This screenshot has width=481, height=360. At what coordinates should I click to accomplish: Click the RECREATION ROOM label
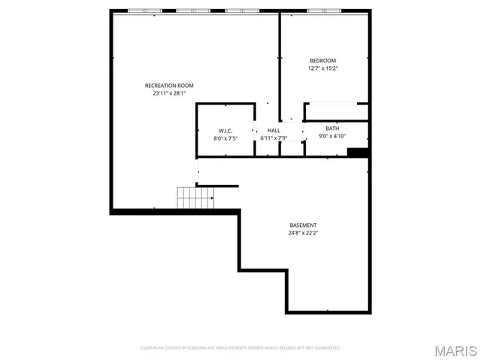pos(169,86)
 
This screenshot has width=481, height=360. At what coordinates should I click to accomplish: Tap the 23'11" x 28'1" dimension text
pos(169,94)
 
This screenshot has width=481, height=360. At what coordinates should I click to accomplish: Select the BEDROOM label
pos(322,61)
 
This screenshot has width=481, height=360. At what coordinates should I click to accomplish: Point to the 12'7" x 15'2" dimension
pos(322,68)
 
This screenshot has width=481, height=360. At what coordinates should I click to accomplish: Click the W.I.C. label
pos(225,131)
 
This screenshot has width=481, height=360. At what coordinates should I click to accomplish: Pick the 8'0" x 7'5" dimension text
pos(225,138)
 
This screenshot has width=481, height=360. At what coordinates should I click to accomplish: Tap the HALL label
pos(274,131)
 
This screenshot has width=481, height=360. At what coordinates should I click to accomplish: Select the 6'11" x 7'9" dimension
pos(274,138)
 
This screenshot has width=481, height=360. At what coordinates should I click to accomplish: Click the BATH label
pos(332,129)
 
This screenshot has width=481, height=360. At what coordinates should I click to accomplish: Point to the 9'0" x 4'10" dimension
pos(332,136)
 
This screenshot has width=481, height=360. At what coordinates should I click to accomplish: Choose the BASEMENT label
pos(303,225)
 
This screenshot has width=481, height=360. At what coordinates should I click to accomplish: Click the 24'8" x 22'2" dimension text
pos(303,233)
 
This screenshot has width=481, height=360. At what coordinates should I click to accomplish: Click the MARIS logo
pos(455,350)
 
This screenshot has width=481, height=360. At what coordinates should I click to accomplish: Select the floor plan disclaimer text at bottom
pos(240,348)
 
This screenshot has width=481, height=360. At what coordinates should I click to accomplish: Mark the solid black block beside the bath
pos(358,153)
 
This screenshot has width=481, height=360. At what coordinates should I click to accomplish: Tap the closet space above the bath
pos(336,112)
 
